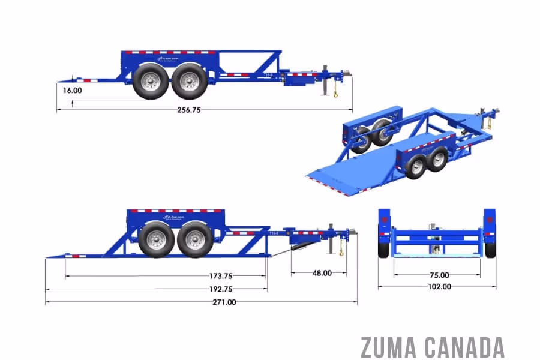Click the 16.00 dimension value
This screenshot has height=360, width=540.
tap(72, 91)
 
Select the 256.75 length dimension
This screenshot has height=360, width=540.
tap(189, 110)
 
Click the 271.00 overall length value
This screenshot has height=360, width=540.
tap(224, 302)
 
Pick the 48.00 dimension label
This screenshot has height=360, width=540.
tap(322, 273)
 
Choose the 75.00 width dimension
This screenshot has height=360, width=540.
tap(439, 275)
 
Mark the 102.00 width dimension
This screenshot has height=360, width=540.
tap(439, 287)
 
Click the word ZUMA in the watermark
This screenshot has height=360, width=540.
tap(389, 347)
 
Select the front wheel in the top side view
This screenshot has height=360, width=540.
tap(189, 81)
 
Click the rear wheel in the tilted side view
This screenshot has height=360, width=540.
tap(156, 239)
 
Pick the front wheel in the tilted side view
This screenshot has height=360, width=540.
tap(194, 239)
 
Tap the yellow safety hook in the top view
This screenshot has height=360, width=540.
tap(336, 93)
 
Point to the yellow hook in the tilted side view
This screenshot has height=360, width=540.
tap(341, 252)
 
